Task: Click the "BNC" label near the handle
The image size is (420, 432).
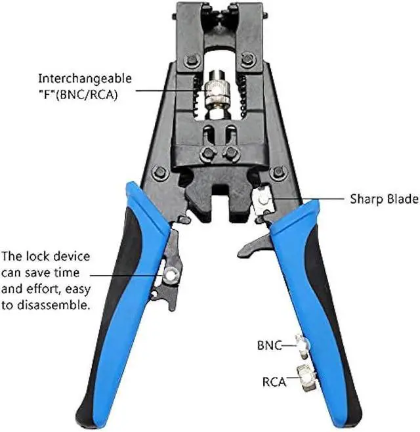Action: coord(269,344)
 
